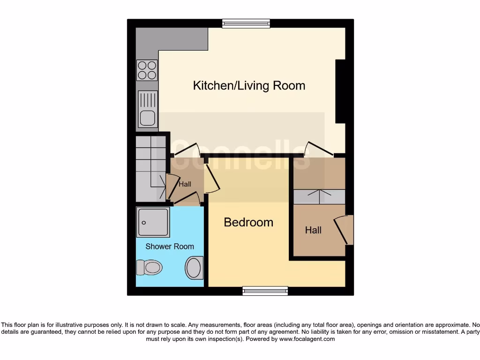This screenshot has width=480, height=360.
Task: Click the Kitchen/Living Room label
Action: coord(249,86)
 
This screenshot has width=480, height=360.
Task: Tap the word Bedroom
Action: coord(248,222)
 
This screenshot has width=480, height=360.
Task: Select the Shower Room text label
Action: coord(169,247)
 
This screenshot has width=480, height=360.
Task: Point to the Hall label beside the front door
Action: coord(313,230)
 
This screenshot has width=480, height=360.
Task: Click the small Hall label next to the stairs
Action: coord(185,184)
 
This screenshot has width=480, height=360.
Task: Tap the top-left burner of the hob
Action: coord(142,66)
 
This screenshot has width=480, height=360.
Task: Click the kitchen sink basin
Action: coord(148,118)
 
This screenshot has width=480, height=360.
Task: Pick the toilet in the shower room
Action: coord(150,268)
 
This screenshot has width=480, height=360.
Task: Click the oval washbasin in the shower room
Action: coord(194,268)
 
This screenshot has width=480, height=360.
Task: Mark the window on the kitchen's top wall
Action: coord(246,23)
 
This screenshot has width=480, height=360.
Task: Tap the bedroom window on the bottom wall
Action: coord(265,291)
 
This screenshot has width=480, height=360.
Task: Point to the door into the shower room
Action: coord(187,199)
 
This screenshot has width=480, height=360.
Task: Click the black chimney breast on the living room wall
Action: coord(341,91)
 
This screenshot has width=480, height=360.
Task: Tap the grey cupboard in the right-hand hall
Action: coord(319,196)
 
